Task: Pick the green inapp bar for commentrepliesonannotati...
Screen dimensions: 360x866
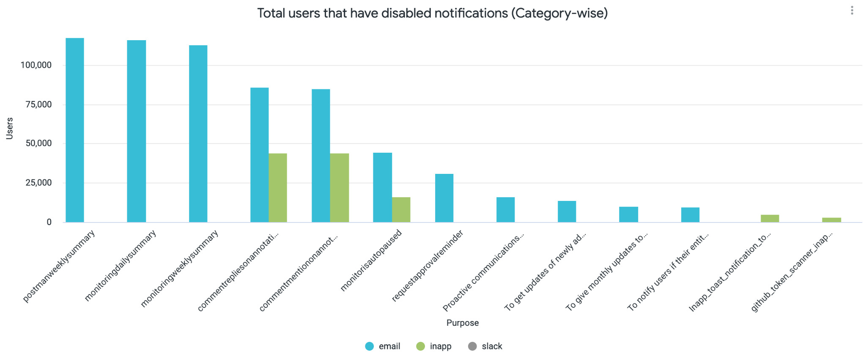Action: click(278, 188)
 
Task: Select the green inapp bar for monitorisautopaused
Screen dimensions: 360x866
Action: click(401, 210)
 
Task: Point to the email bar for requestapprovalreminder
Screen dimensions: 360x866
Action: click(444, 198)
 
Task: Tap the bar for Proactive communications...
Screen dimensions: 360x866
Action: click(505, 210)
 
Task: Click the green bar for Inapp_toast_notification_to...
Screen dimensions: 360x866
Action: click(770, 218)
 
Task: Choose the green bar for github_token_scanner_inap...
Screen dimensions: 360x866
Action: click(831, 220)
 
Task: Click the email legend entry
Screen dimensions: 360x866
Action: click(383, 346)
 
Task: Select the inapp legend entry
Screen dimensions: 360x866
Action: click(434, 346)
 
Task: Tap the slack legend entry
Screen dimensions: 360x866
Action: click(485, 346)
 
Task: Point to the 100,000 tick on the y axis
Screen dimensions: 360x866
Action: click(36, 65)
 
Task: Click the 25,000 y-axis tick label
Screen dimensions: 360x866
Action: click(38, 183)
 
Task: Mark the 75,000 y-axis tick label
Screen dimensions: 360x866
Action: click(38, 104)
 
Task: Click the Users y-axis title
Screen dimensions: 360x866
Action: click(10, 128)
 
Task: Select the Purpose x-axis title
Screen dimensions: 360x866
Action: click(463, 323)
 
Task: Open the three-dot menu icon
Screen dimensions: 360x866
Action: click(852, 11)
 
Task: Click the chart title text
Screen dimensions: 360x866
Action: click(432, 14)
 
